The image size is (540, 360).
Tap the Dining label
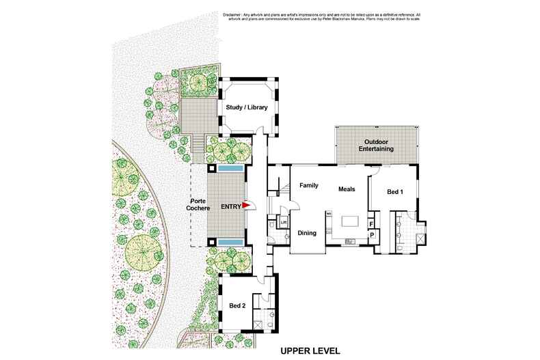click(x=307, y=233)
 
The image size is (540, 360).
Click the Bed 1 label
click(x=395, y=192)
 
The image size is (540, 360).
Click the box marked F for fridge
click(x=371, y=223)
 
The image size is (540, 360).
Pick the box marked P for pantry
click(x=371, y=236)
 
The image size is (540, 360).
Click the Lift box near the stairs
click(x=282, y=223)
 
